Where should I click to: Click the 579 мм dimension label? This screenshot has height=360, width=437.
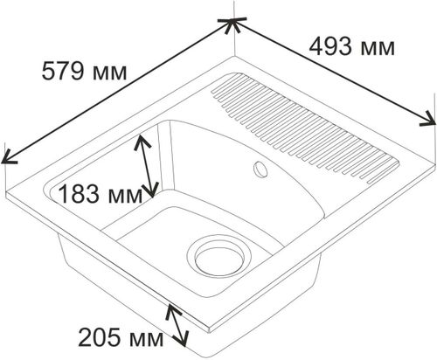(84, 72)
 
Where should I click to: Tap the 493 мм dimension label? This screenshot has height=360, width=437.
(351, 47)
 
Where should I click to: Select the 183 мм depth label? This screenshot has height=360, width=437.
(101, 195)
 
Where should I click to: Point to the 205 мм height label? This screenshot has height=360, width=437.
(121, 337)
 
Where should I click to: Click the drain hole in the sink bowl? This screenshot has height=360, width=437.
(219, 256)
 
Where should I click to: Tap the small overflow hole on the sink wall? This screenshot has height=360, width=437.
(260, 169)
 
